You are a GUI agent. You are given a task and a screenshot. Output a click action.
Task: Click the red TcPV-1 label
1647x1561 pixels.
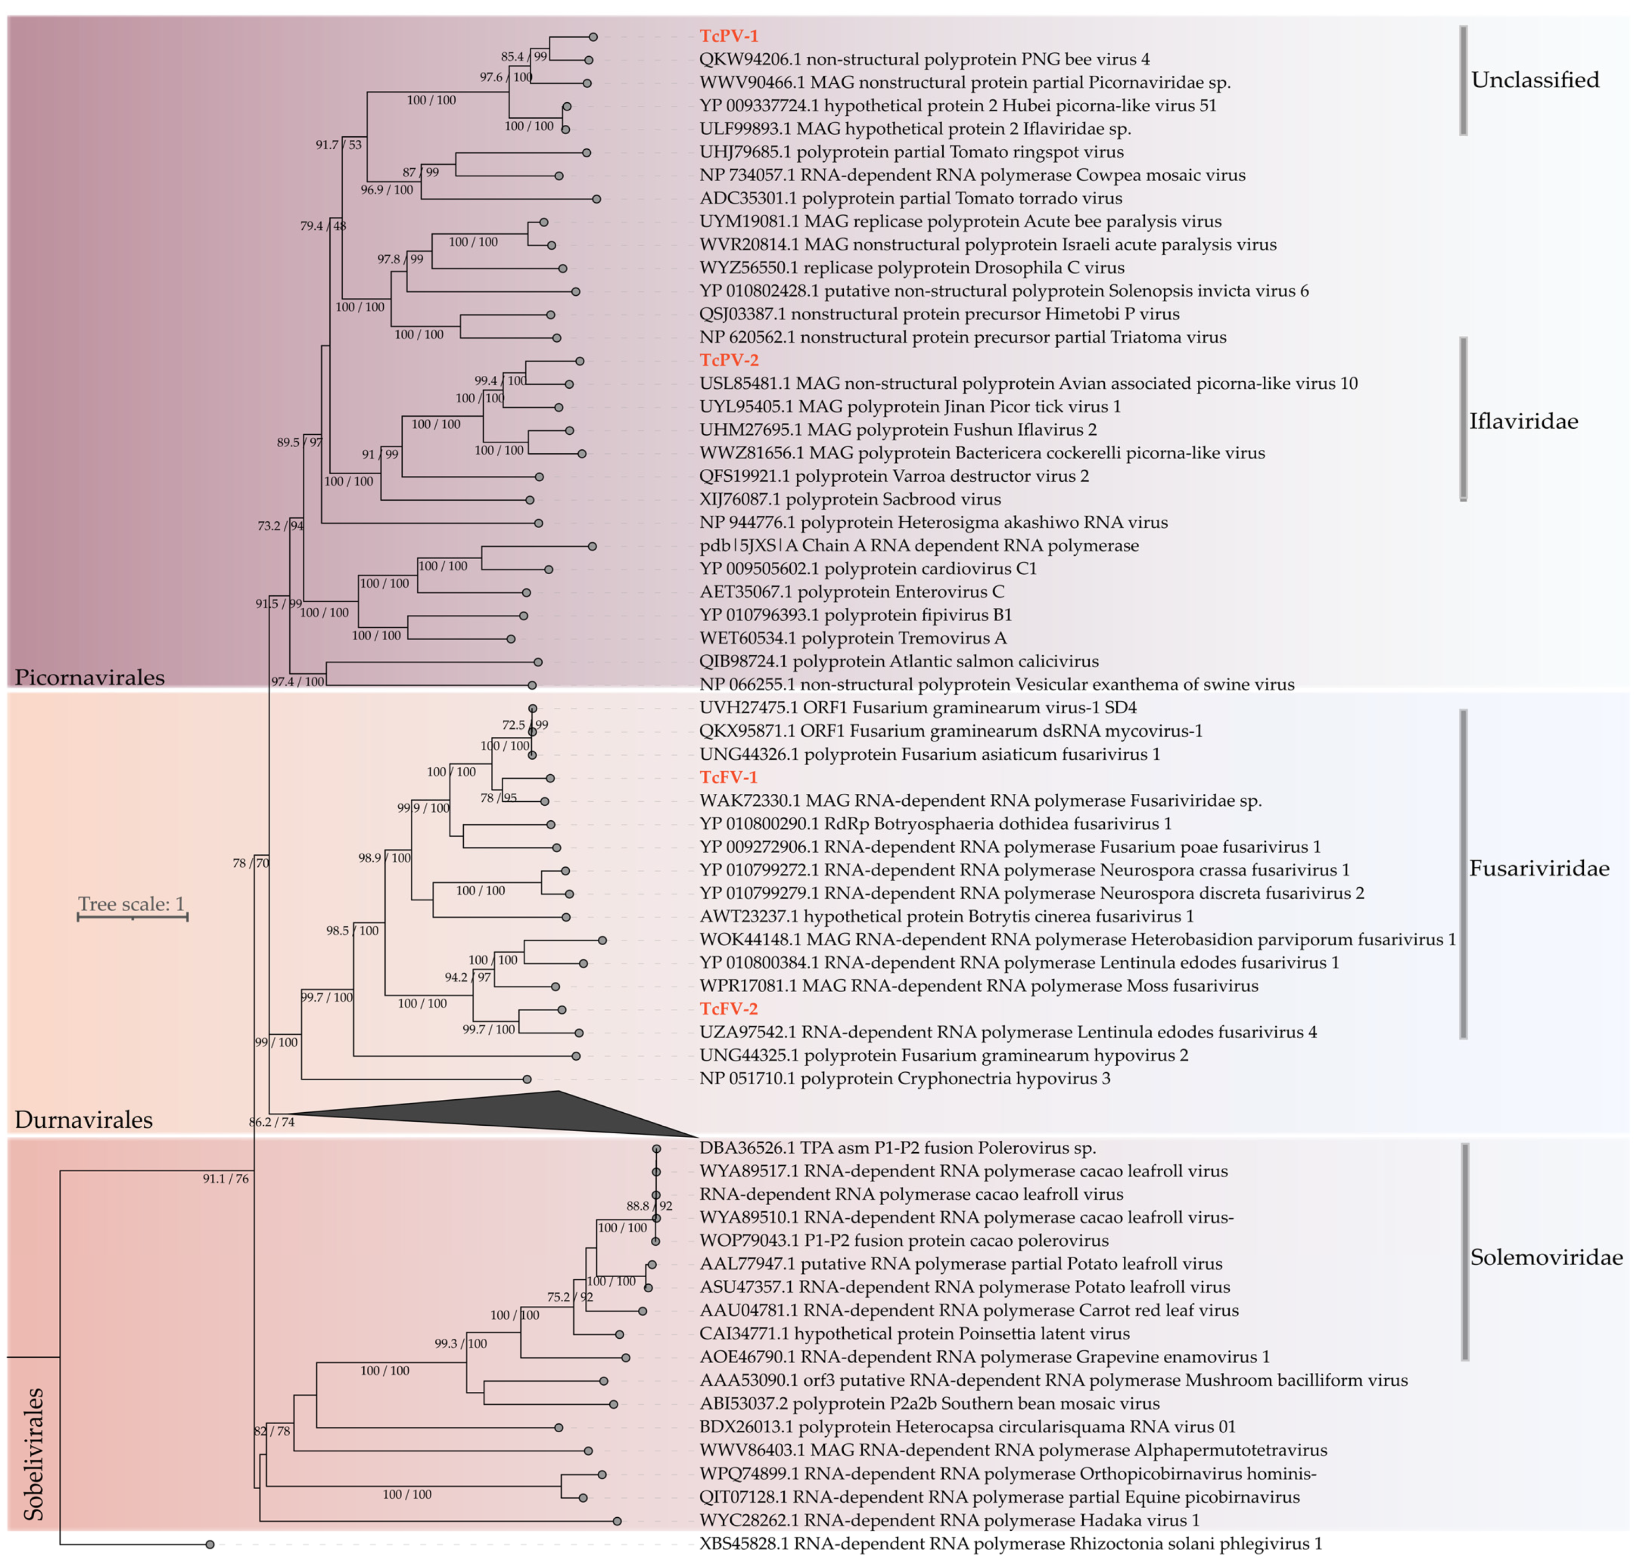pyautogui.click(x=729, y=36)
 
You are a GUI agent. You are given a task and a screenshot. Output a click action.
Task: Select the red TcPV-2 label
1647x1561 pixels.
pyautogui.click(x=729, y=360)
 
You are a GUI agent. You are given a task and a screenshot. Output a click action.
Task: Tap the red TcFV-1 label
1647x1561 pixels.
pyautogui.click(x=729, y=777)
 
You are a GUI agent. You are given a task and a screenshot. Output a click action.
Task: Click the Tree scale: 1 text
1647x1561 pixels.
pyautogui.click(x=131, y=904)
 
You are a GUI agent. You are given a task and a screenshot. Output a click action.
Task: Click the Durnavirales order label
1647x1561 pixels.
pyautogui.click(x=84, y=1120)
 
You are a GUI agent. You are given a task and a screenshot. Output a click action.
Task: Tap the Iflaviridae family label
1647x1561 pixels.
pyautogui.click(x=1523, y=421)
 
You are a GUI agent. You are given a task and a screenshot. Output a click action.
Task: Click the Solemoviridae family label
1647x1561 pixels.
pyautogui.click(x=1545, y=1257)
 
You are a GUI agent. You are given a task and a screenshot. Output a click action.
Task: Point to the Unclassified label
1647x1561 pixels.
pyautogui.click(x=1535, y=80)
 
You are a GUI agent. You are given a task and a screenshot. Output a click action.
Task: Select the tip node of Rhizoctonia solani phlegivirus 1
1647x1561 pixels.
pyautogui.click(x=210, y=1544)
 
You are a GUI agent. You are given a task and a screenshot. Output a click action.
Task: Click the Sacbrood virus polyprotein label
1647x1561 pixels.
pyautogui.click(x=850, y=499)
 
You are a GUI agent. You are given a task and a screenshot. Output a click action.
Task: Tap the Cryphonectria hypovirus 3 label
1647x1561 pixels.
pyautogui.click(x=904, y=1078)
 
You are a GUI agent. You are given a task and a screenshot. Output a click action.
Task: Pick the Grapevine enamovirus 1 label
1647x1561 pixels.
pyautogui.click(x=985, y=1357)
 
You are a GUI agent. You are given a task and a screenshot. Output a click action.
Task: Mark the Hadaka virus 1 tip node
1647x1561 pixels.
pyautogui.click(x=617, y=1521)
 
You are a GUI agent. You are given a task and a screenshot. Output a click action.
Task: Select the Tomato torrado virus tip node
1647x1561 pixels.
pyautogui.click(x=596, y=199)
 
